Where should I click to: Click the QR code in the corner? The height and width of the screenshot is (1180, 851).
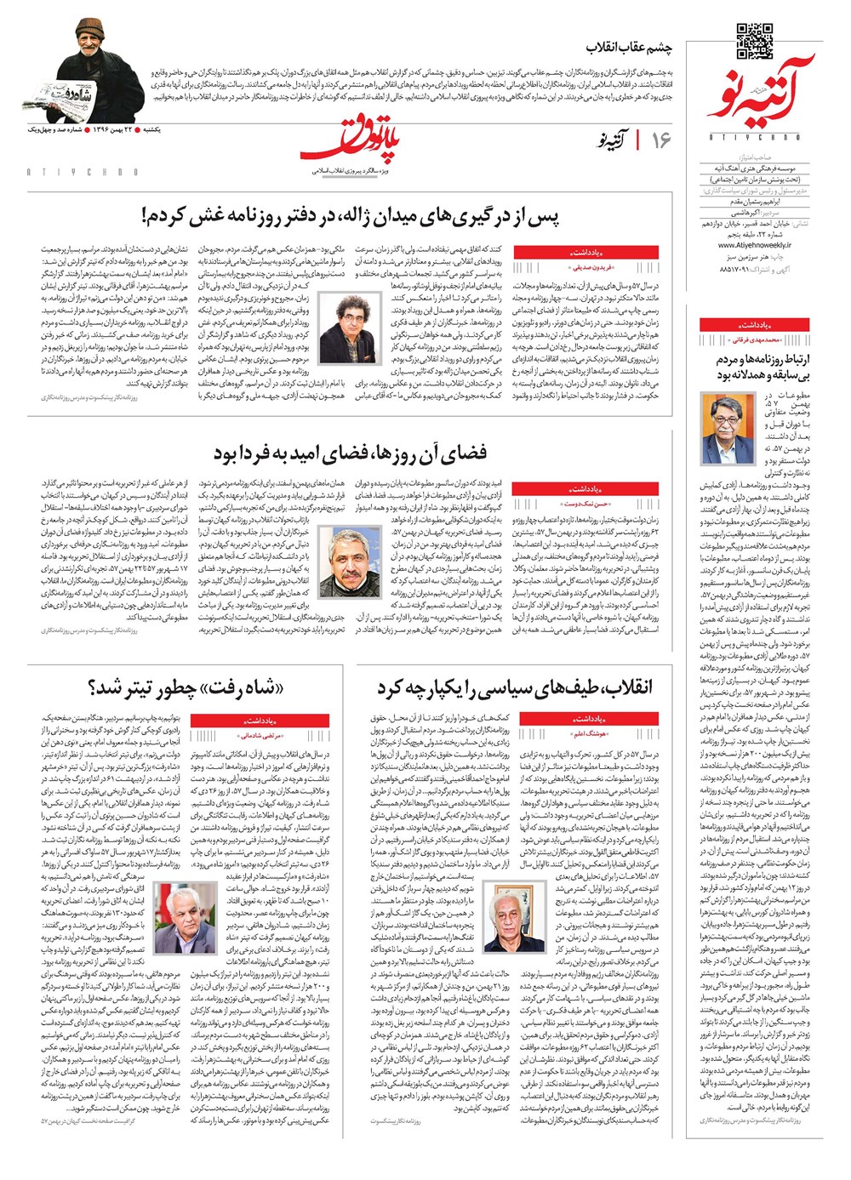754,42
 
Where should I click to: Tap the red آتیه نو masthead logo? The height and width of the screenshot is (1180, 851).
760,92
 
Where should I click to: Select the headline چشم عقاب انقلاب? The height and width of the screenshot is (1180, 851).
630,48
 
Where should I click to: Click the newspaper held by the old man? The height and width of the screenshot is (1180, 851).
83,94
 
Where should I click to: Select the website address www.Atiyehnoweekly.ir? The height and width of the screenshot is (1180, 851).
743,245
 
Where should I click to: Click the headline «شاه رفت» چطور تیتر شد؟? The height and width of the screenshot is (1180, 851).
185,687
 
